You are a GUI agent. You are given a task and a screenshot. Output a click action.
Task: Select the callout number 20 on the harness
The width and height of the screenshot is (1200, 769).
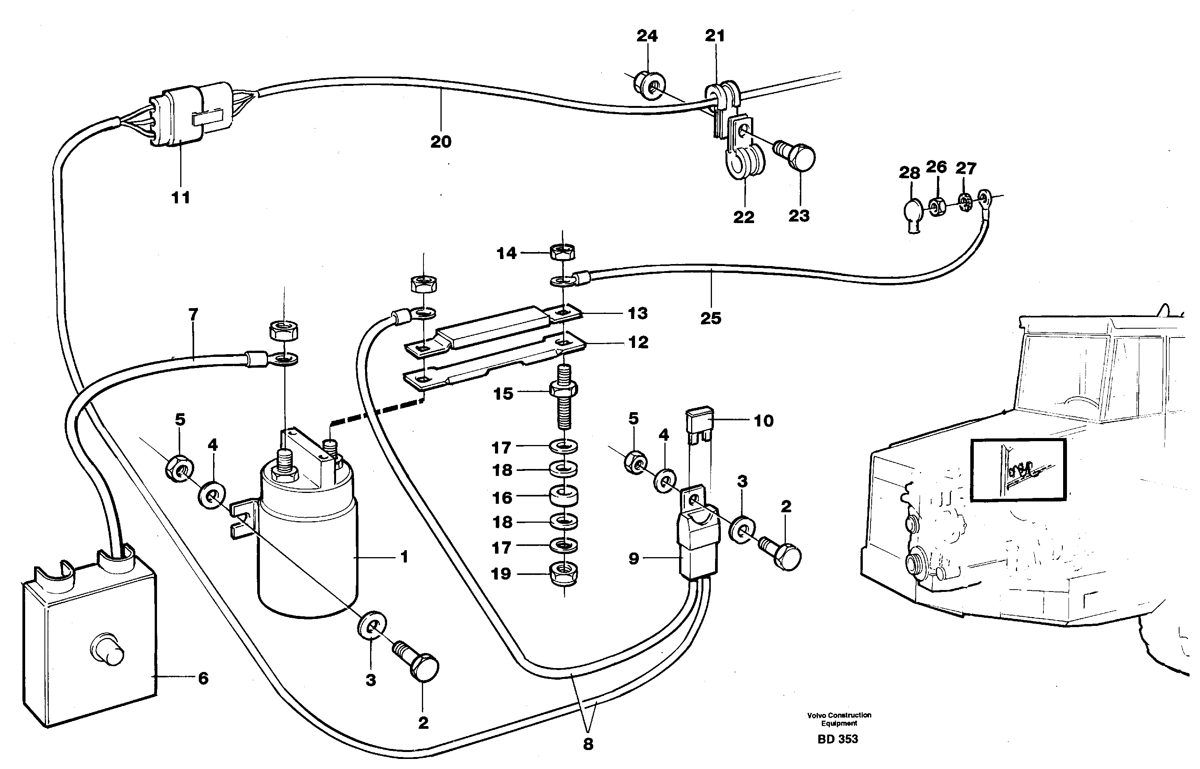coord(440,142)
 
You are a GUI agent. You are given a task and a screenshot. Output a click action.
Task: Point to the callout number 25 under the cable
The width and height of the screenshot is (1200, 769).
coord(711,318)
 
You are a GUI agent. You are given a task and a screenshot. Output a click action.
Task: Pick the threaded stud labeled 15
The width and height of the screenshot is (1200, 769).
coord(564,399)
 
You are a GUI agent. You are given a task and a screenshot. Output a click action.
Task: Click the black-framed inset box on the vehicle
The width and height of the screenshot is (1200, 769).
coord(1018,469)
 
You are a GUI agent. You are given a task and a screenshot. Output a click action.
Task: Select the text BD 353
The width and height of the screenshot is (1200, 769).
coord(838,739)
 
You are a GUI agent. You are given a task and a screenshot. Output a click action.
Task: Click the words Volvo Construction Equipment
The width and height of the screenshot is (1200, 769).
coord(839,719)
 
